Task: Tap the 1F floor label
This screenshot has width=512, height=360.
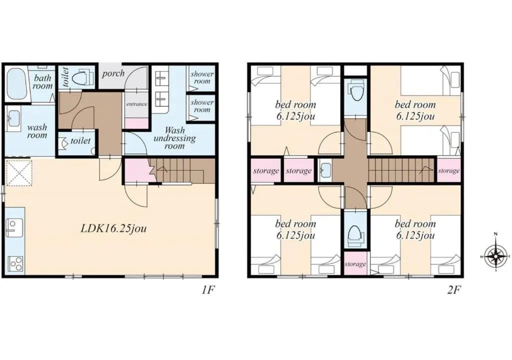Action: [207, 290]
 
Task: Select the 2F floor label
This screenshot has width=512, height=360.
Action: [454, 290]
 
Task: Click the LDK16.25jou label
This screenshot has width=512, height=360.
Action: [113, 228]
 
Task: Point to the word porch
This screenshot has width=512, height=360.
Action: [113, 73]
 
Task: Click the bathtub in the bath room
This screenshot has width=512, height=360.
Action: [16, 84]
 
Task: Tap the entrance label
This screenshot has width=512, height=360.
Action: [137, 104]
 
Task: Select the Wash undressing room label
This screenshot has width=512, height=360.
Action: [174, 138]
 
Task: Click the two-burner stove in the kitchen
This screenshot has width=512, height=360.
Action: [15, 263]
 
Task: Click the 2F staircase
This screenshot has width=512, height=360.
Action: [402, 170]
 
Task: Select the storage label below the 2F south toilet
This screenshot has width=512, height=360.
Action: [355, 263]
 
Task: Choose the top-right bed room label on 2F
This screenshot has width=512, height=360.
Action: [415, 110]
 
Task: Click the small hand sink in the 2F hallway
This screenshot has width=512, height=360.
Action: [325, 170]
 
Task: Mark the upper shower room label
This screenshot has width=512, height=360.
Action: [202, 77]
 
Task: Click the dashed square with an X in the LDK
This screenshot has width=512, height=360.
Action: [19, 173]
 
